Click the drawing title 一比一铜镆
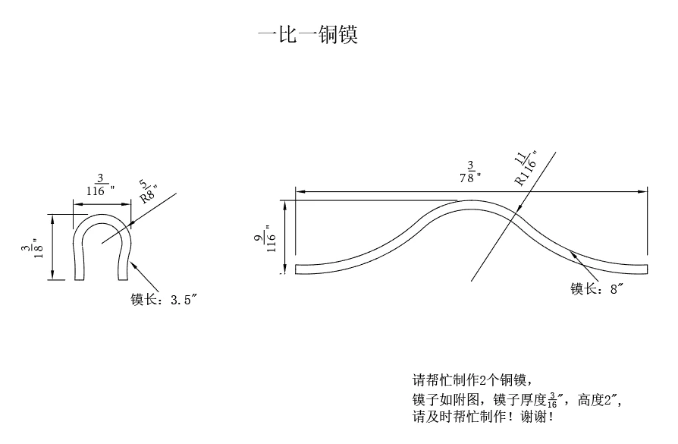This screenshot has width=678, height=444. (307, 36)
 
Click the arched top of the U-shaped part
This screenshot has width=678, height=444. (102, 216)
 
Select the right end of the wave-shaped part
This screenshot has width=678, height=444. (647, 267)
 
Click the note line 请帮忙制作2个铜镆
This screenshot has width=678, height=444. (469, 379)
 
